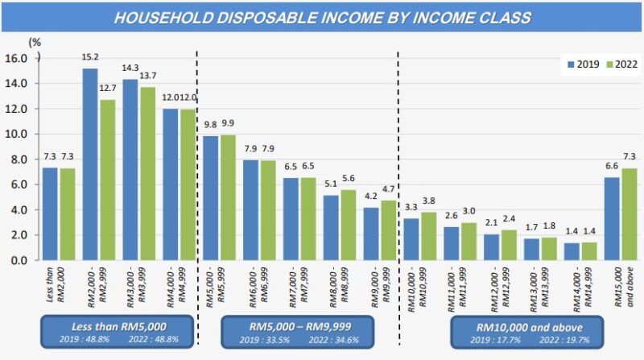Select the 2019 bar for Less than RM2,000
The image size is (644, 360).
[x=50, y=214]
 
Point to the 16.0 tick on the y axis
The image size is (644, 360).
[x=17, y=58]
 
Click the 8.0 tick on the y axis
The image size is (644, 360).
[x=17, y=159]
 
